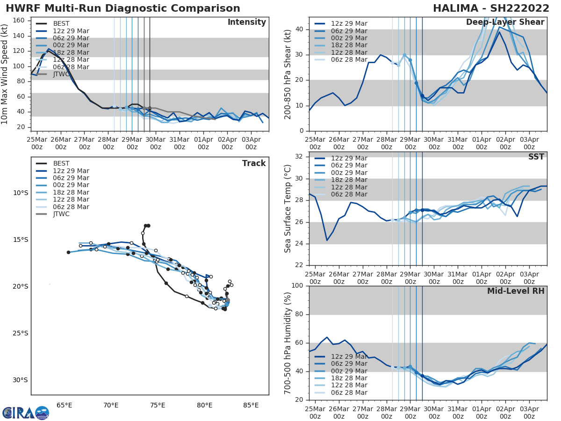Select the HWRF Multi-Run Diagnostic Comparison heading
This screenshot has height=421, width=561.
123,8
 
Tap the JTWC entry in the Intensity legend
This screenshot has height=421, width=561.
61,74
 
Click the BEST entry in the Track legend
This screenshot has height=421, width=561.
61,163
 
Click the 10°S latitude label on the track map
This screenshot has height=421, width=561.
21,193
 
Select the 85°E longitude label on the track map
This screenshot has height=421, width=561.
251,405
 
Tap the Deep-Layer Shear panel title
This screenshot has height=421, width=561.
505,22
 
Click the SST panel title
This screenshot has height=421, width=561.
536,157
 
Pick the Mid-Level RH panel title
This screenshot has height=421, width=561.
515,291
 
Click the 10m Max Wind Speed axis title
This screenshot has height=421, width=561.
5,74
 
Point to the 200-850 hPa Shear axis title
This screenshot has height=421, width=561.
288,74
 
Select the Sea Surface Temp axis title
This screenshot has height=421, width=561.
288,208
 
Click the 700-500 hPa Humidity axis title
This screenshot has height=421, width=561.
288,342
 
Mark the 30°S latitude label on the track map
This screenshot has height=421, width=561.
21,380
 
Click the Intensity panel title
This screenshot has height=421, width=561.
246,22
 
